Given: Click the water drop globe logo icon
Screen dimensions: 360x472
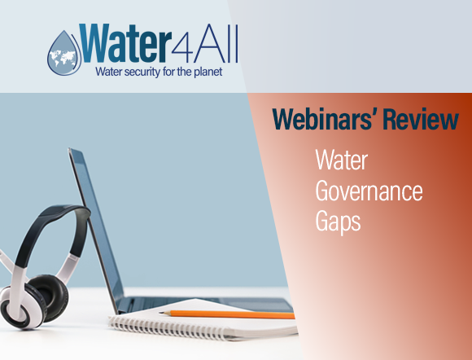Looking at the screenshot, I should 63,48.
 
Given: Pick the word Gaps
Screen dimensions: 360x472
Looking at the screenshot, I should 337,222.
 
